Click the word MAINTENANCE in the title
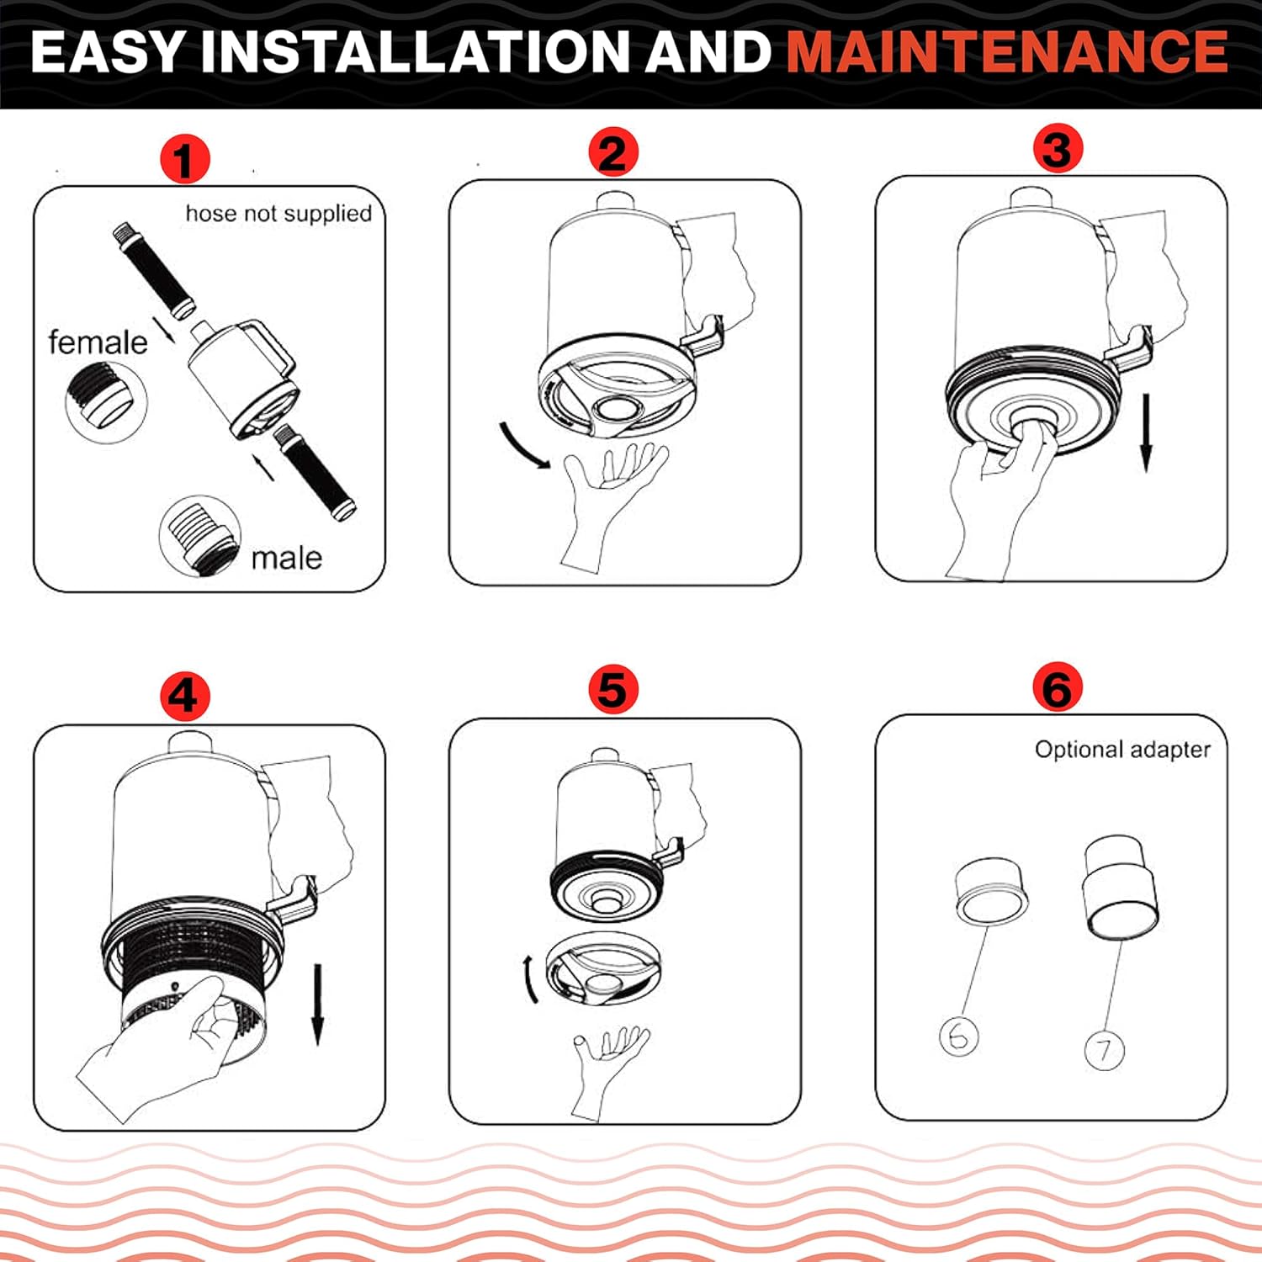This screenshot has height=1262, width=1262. tap(1007, 51)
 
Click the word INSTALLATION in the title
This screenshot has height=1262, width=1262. tap(414, 51)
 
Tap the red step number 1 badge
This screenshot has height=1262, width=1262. tap(184, 160)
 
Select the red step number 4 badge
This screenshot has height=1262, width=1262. tap(184, 697)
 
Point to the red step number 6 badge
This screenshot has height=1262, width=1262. tap(1058, 687)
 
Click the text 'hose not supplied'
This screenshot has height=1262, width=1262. tap(278, 214)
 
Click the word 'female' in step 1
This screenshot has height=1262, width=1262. tap(98, 342)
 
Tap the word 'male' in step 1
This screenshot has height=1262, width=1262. tap(286, 558)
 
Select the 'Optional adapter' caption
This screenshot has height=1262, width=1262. tap(1122, 750)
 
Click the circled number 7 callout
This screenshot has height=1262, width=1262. tap(1104, 1049)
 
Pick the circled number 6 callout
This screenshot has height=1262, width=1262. tap(959, 1037)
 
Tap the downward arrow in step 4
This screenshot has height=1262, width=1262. tap(317, 1005)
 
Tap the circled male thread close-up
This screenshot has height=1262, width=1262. tap(199, 536)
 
